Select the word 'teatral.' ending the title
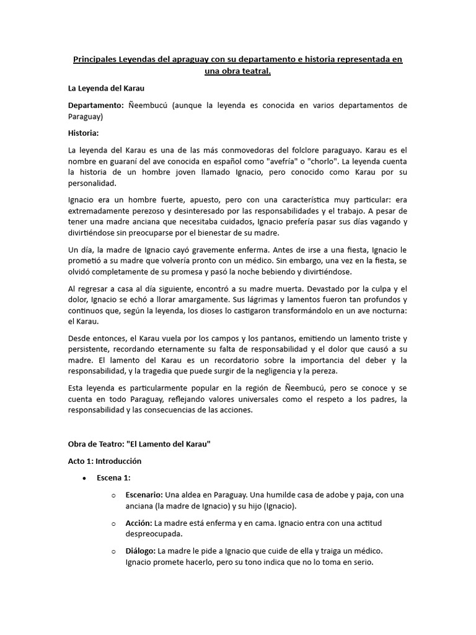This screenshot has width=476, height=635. tap(255, 71)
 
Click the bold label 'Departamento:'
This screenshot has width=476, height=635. tap(95, 105)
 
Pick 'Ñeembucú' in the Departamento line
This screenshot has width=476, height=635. tap(149, 105)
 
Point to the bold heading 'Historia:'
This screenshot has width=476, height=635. tap(84, 133)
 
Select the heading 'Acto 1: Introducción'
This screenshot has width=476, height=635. tap(105, 461)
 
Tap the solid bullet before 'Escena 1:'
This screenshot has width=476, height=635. tap(84, 478)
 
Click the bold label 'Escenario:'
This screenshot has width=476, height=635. tap(144, 495)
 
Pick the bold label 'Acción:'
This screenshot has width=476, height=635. tap(139, 523)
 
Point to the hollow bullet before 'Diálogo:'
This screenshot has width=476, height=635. tap(113, 551)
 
